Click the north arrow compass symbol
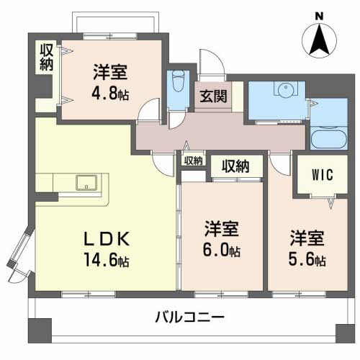pyautogui.click(x=319, y=42)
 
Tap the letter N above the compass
pyautogui.click(x=319, y=15)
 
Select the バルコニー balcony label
pyautogui.click(x=190, y=317)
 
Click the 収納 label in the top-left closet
pyautogui.click(x=46, y=58)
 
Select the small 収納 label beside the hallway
pyautogui.click(x=192, y=161)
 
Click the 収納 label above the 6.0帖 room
pyautogui.click(x=235, y=166)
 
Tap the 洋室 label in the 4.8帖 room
pyautogui.click(x=109, y=72)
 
